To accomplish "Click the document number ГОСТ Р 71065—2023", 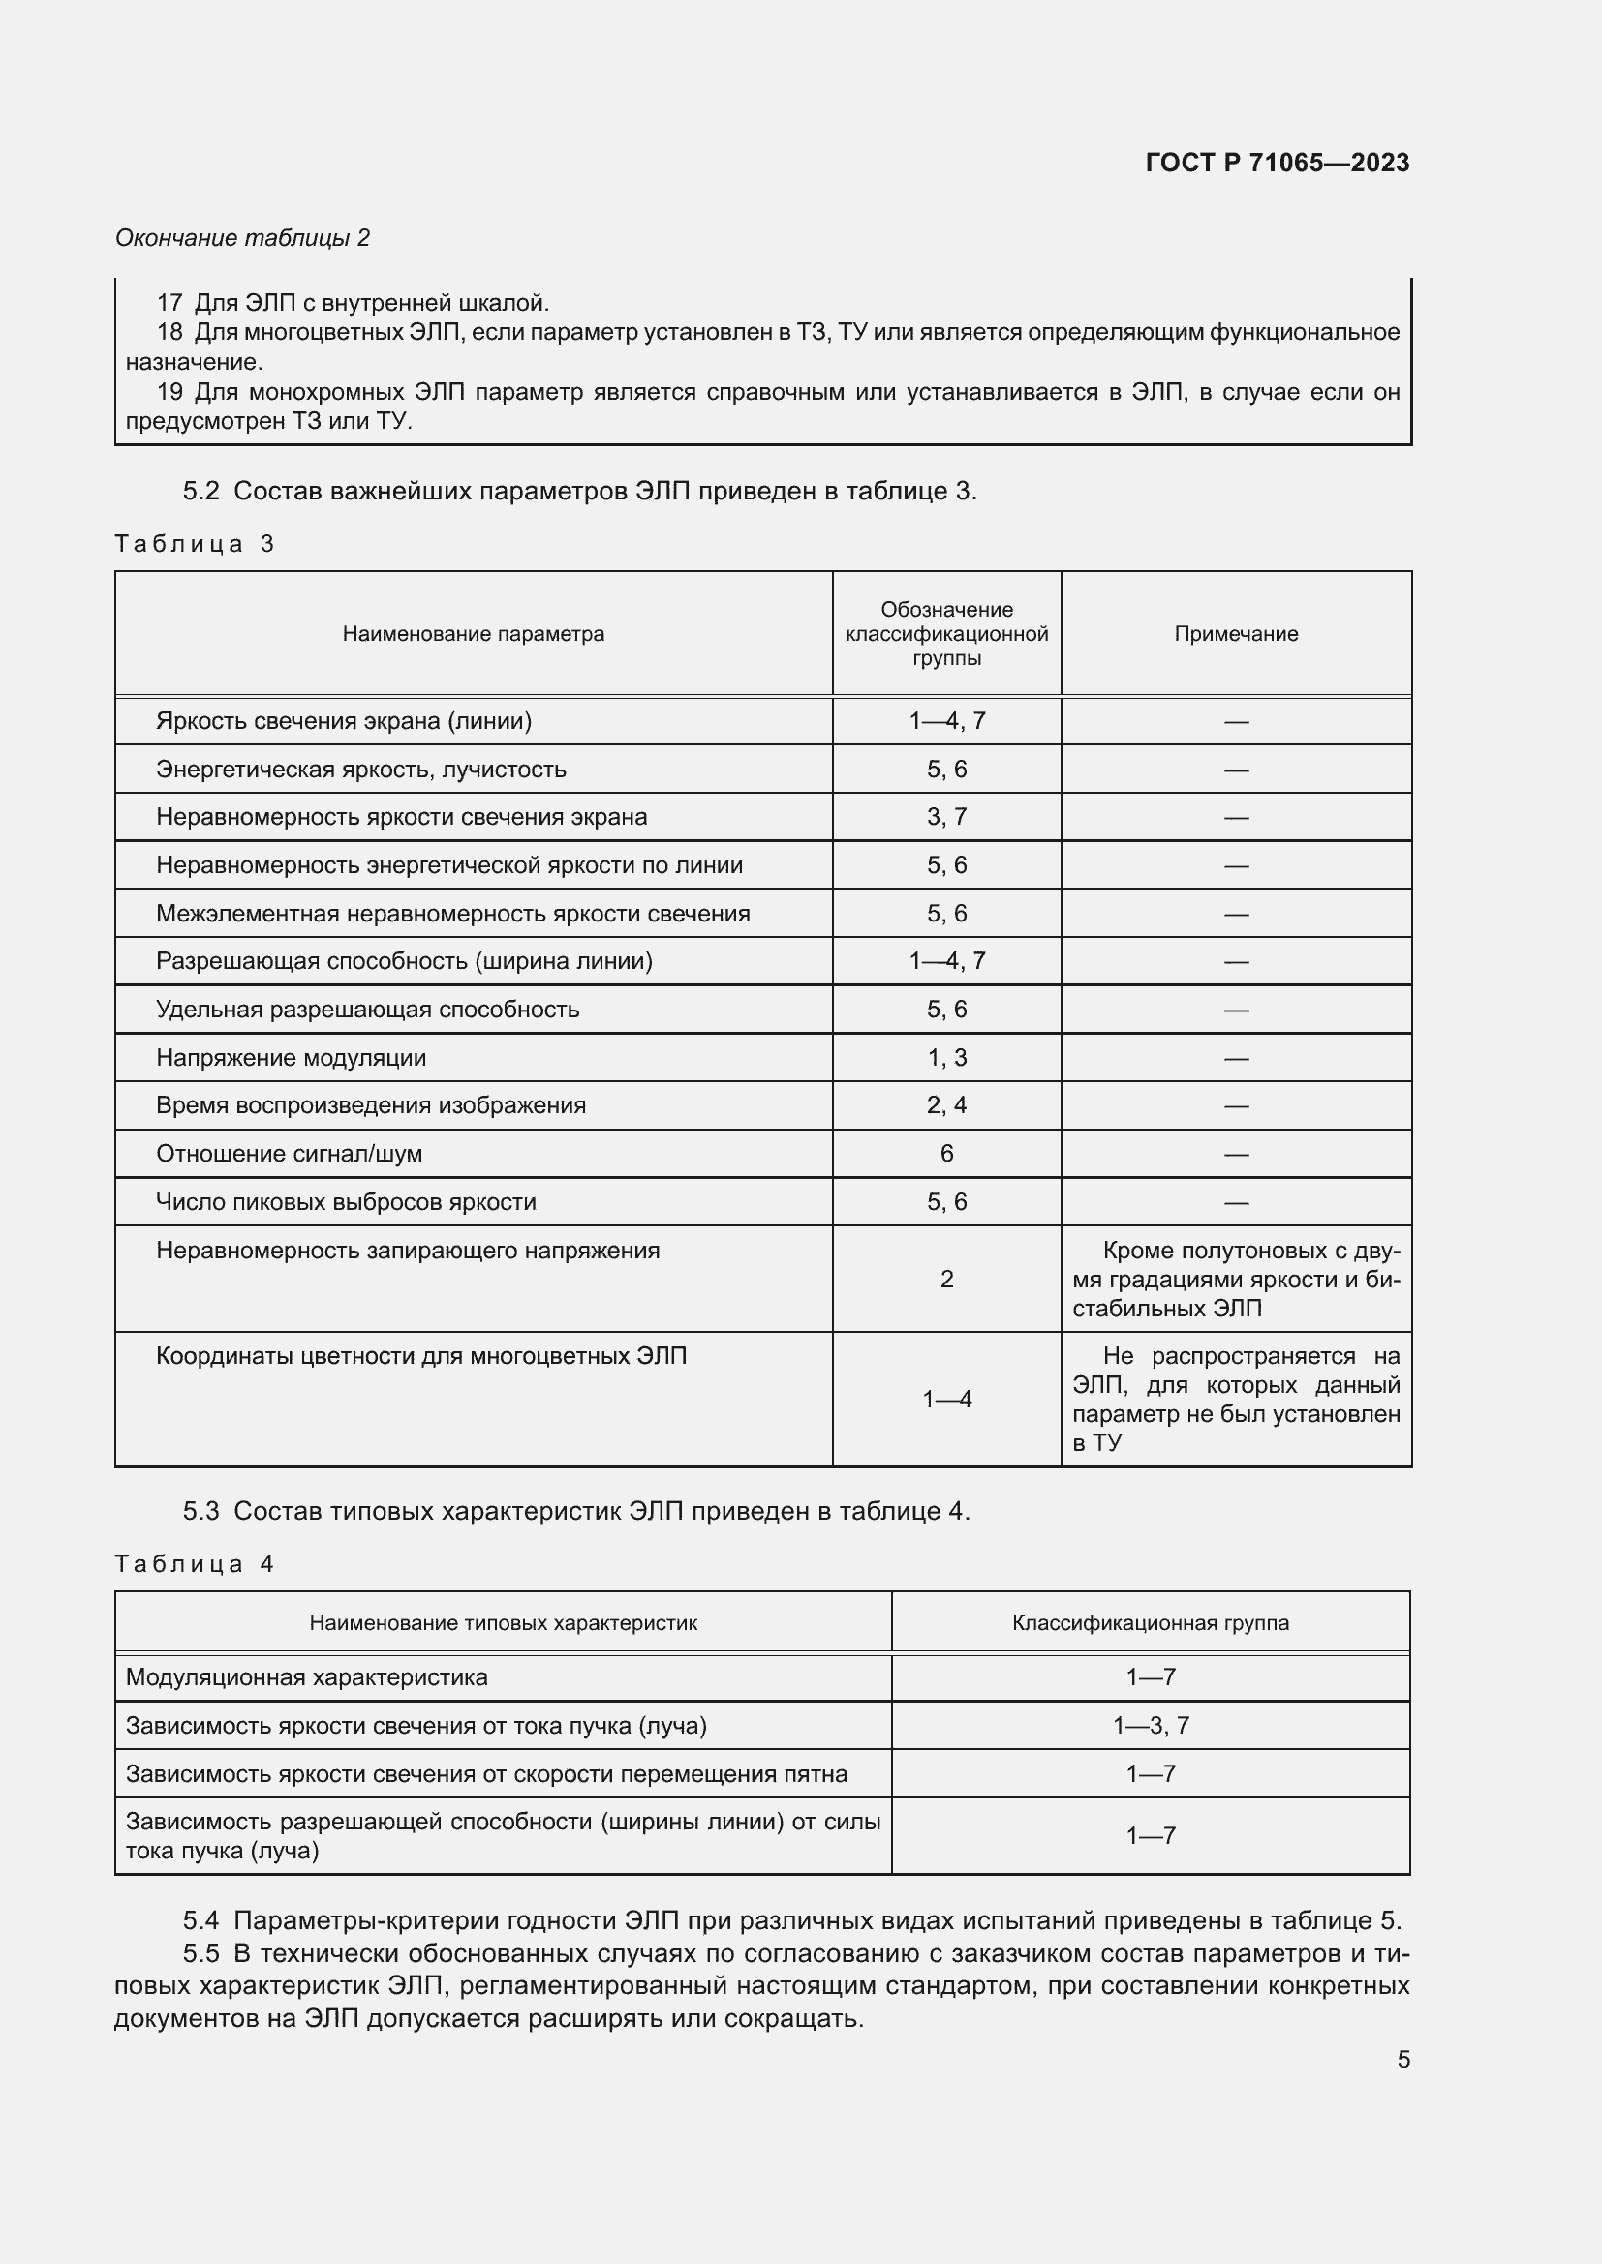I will (1277, 163).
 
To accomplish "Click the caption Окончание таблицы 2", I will (242, 238).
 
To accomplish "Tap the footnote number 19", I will (169, 391).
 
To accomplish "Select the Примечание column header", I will (1235, 634).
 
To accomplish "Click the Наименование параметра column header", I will (473, 634).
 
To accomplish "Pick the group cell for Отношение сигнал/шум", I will (946, 1154).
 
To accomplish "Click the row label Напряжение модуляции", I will (291, 1058).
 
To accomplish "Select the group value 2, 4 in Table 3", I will (946, 1105).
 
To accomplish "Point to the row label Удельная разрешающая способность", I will (367, 1010).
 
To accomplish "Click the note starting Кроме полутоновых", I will (1236, 1279).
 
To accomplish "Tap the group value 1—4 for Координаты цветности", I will (946, 1400).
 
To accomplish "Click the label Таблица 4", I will (194, 1564).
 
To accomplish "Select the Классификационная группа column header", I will (1151, 1623).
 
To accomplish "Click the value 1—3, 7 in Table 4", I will (1151, 1726).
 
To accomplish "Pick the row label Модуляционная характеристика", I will (306, 1677).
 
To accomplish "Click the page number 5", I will (1402, 2059).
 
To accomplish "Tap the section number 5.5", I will (200, 1953).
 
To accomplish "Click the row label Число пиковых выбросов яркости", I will (345, 1202).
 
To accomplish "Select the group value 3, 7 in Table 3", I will (946, 817).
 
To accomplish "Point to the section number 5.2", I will (200, 491).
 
